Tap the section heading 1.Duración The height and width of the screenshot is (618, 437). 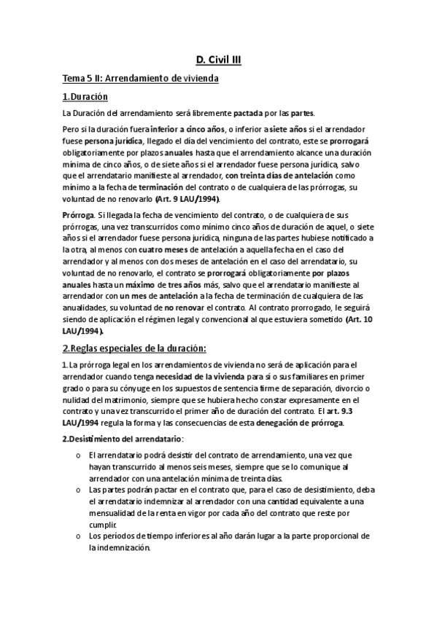pyautogui.click(x=85, y=96)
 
